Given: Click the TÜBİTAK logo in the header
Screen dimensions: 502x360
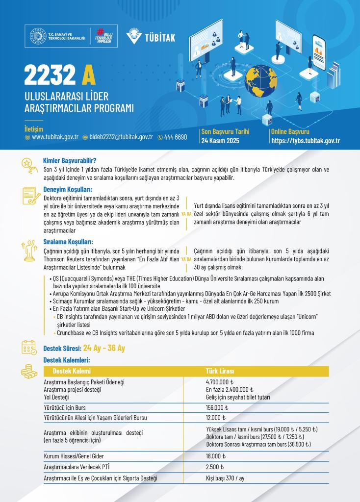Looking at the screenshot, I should coord(150,37).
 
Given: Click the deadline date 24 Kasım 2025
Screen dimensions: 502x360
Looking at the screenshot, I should coord(219,140).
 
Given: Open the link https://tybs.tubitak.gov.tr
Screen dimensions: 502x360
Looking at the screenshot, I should coord(306,141).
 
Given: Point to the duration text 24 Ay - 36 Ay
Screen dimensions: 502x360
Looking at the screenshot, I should coord(104,349).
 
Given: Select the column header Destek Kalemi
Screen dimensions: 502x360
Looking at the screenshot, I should coord(72,371).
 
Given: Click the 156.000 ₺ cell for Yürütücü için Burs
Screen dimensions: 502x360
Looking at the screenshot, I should coord(217,407).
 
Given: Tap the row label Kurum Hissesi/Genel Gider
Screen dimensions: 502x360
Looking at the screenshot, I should coord(74,456).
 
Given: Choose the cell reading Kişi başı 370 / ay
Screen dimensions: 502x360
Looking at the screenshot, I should coord(225,477).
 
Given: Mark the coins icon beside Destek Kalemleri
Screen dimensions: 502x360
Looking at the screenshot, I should coord(29,372).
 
